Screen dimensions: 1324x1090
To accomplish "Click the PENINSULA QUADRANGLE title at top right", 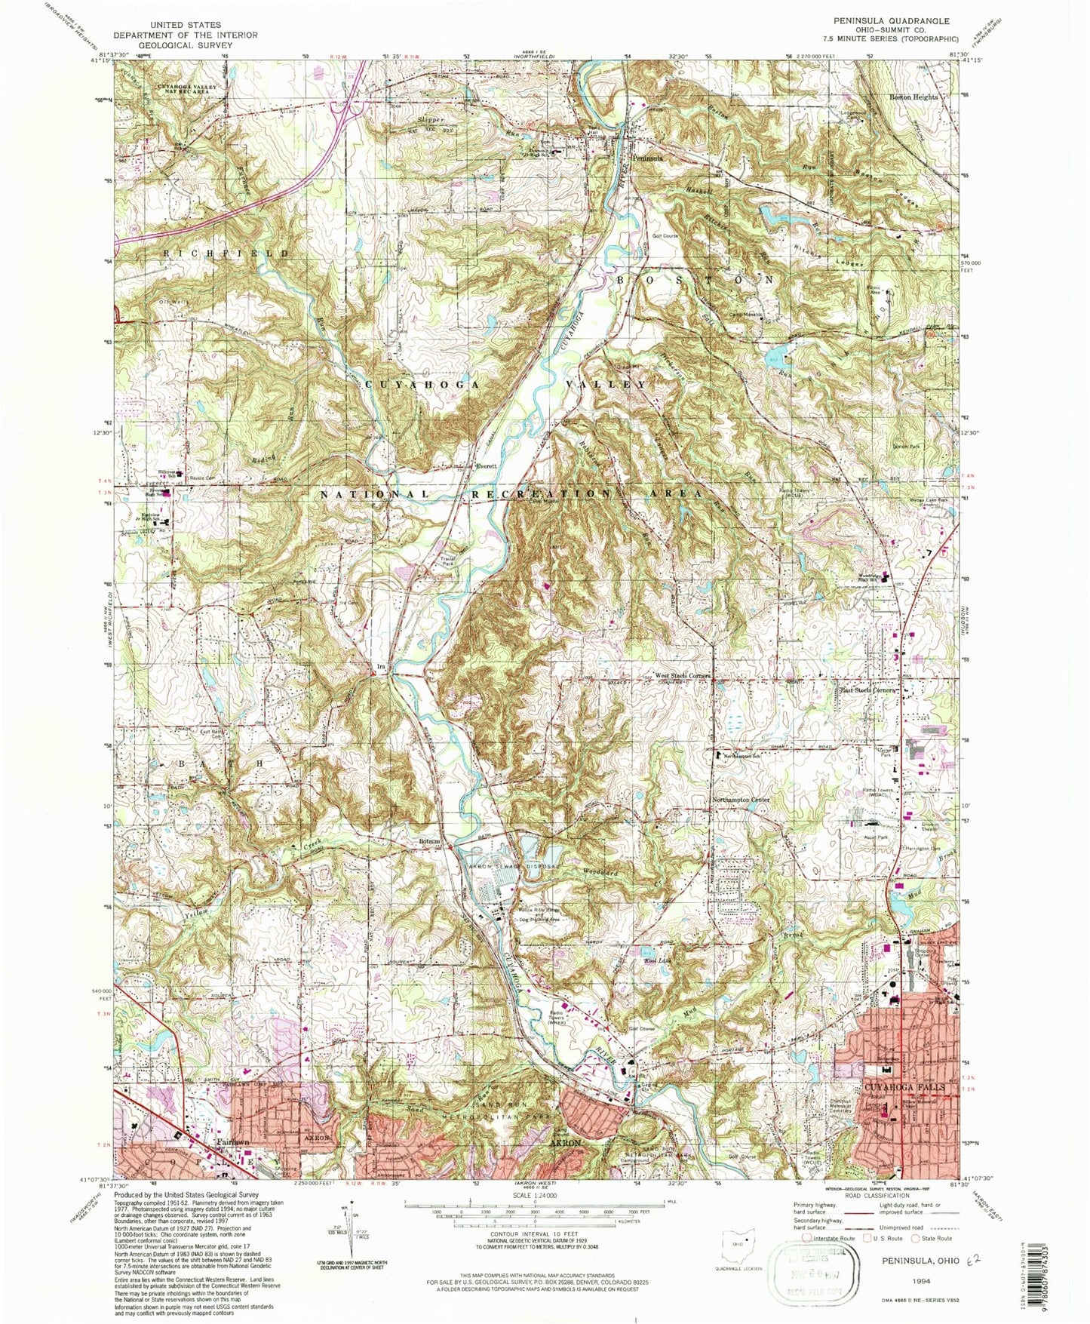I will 889,21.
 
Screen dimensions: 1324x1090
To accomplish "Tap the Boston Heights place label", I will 913,97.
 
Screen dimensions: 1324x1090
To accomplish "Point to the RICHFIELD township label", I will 225,253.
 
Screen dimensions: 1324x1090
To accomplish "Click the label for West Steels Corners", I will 682,676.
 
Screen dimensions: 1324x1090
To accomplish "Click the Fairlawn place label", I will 231,1142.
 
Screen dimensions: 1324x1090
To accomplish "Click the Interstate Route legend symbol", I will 808,1238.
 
